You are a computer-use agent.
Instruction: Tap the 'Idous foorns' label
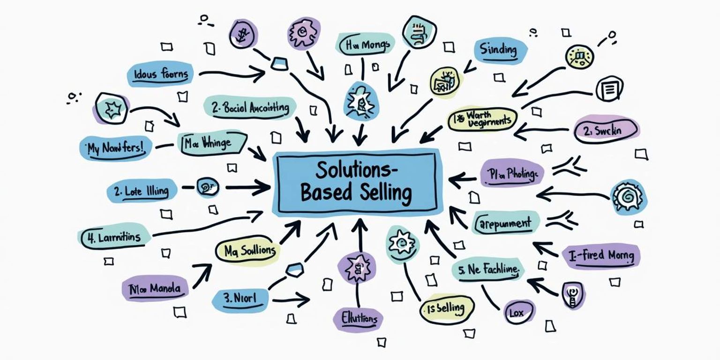[161, 74]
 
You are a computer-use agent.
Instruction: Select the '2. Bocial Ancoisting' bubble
[250, 108]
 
